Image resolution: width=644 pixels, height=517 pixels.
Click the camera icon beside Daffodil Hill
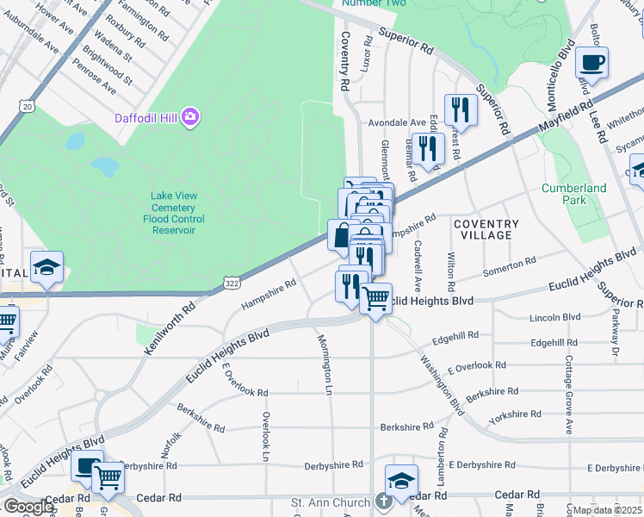(189, 115)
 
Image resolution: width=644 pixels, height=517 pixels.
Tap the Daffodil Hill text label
(148, 116)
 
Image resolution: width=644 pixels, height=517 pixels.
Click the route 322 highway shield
(232, 283)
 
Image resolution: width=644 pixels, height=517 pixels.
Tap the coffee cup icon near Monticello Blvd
(591, 63)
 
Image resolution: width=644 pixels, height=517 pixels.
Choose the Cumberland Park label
(573, 194)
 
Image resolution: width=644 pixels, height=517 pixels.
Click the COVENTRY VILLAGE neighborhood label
(487, 229)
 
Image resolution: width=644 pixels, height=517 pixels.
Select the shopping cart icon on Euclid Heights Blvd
(375, 299)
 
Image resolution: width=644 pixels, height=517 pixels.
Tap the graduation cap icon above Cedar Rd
(401, 481)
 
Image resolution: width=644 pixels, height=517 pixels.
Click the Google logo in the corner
(28, 507)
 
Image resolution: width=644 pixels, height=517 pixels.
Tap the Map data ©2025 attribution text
(607, 510)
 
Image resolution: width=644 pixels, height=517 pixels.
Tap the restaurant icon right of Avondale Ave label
(461, 109)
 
